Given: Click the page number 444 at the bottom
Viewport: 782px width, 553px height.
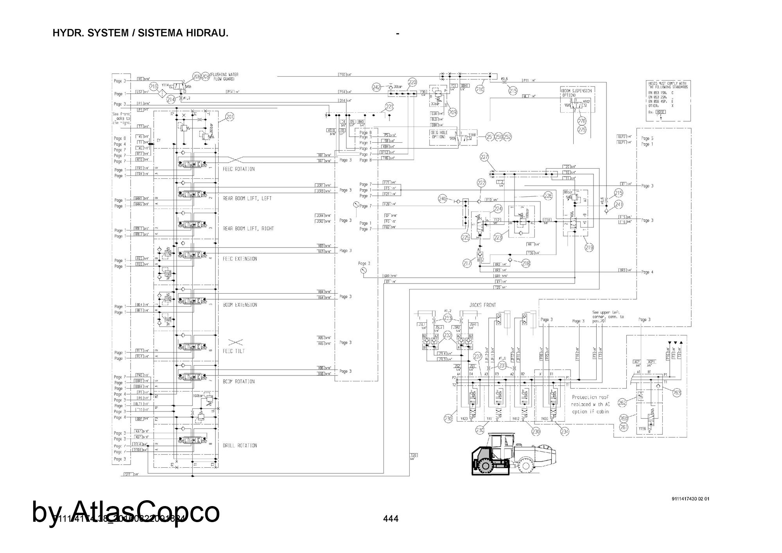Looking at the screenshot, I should click(391, 519).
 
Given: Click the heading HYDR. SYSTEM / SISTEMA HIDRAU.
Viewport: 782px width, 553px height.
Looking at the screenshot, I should click(140, 33).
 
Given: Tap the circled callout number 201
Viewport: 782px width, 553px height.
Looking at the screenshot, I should click(230, 117).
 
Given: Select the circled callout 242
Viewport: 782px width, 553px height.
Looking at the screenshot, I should click(376, 87).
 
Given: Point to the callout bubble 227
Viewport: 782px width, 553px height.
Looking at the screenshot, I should click(484, 157).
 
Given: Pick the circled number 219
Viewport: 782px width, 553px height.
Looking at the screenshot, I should click(589, 247).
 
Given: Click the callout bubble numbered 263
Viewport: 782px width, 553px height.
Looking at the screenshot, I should click(677, 393).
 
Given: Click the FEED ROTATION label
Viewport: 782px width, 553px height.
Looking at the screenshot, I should click(239, 169).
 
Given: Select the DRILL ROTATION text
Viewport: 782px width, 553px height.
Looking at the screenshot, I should click(240, 445).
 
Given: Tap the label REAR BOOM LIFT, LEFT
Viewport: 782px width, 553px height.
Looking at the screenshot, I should click(247, 198).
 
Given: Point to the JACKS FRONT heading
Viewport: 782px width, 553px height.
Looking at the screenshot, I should click(482, 305).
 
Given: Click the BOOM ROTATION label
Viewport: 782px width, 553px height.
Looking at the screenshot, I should click(239, 381).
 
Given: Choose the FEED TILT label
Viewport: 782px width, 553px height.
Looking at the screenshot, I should click(234, 351).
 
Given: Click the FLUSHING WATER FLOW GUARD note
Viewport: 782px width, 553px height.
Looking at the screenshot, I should click(224, 77).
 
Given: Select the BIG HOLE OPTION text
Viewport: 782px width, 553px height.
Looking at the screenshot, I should click(439, 135).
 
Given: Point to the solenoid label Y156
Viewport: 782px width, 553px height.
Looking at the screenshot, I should click(642, 428).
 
